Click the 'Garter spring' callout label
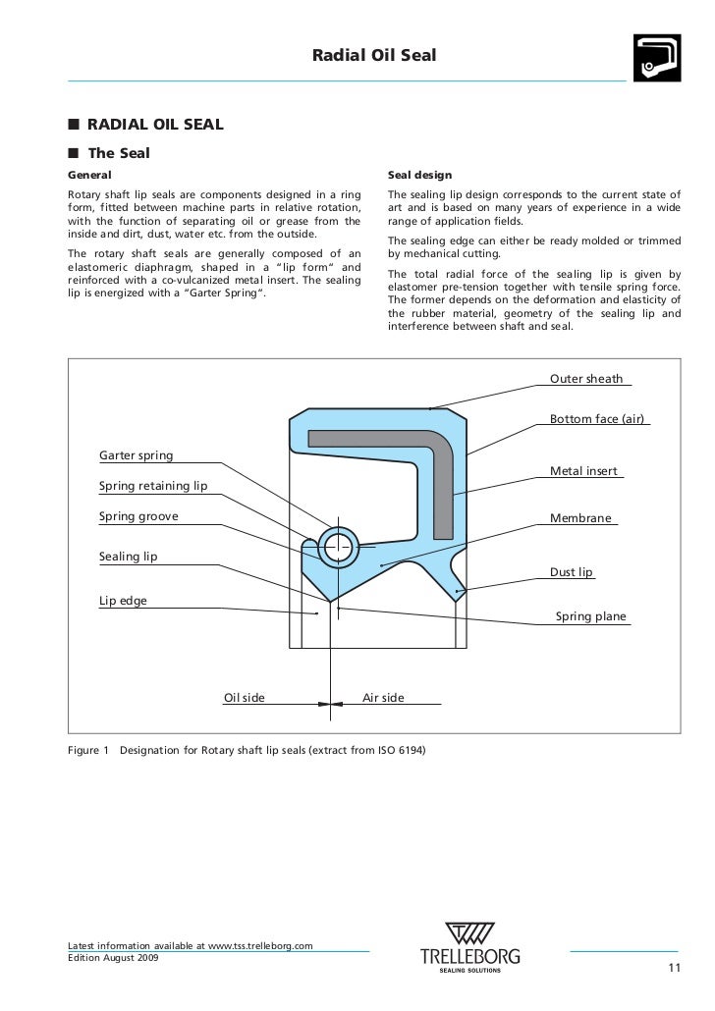coord(136,455)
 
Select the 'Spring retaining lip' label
coord(153,486)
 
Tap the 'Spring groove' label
coord(138,516)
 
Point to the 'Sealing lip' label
coord(128,557)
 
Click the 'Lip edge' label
coord(123,601)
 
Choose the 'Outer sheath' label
coord(585,379)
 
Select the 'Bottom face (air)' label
coord(596,419)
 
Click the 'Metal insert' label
coord(583,471)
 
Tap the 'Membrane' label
coord(580,518)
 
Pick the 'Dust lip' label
coord(572,572)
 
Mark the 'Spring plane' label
coord(590,617)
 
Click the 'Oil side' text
coord(245,698)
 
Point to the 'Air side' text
coord(383,698)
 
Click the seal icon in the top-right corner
coord(656,58)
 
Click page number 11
coord(673,971)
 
